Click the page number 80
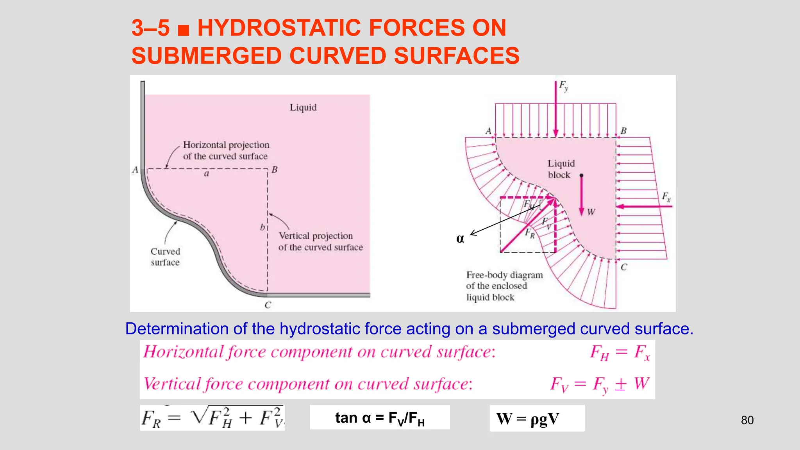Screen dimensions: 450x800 pos(747,420)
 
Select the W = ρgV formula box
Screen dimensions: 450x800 pos(537,418)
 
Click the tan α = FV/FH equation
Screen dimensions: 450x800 pos(380,418)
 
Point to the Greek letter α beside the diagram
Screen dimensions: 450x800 pos(460,238)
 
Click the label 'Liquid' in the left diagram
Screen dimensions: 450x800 pos(303,107)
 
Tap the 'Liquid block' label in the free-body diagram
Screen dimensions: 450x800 pos(561,169)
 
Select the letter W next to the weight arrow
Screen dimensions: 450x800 pos(591,212)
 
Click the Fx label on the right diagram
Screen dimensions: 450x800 pos(666,196)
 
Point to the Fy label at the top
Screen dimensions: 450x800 pos(563,86)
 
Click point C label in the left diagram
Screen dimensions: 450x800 pos(268,305)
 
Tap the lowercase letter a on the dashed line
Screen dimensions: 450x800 pos(207,174)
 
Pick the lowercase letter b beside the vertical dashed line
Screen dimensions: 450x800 pos(262,227)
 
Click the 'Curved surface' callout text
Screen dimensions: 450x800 pos(165,257)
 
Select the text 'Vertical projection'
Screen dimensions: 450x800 pos(316,236)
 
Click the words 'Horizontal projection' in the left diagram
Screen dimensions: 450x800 pos(226,145)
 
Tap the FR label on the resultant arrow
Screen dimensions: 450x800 pos(530,234)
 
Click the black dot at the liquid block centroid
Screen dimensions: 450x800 pos(581,176)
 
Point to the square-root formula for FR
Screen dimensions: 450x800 pos(212,418)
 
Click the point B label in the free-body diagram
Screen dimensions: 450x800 pos(623,131)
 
